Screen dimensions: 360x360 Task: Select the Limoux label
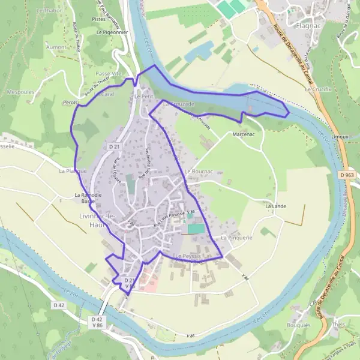click(x=340, y=137)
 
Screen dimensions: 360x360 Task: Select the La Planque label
click(x=68, y=171)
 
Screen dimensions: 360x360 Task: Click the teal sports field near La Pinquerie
click(x=196, y=229)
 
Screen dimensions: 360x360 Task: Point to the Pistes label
click(x=99, y=19)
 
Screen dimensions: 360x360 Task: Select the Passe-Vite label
click(x=109, y=73)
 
